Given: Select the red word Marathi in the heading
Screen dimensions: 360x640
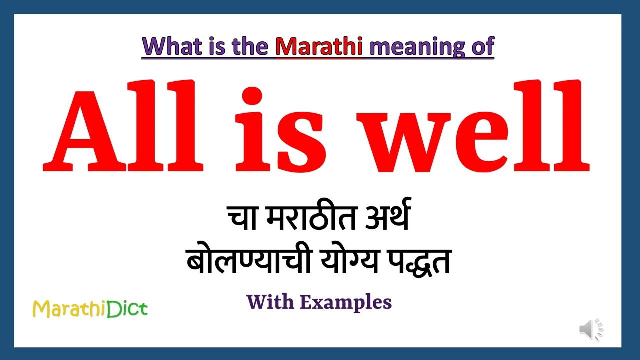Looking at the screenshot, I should point(319,46).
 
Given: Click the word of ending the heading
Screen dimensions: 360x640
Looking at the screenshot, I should point(480,46).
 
